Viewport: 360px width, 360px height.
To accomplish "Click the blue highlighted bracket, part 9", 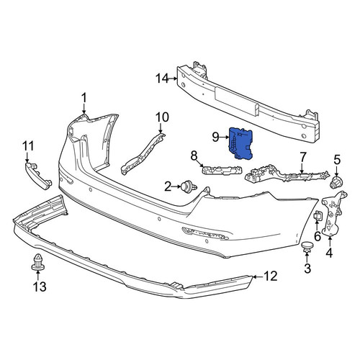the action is click(240, 143).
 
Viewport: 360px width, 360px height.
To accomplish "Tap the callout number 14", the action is click(162, 78).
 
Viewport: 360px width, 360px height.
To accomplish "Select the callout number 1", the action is click(84, 99).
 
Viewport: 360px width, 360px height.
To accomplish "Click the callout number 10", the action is click(162, 117).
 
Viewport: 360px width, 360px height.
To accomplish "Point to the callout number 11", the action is click(28, 146).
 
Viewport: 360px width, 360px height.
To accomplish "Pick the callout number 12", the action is click(271, 276).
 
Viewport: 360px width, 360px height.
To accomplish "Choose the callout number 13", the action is click(40, 287).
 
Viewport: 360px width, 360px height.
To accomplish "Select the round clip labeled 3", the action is click(307, 247).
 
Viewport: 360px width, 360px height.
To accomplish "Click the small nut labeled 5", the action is click(336, 182).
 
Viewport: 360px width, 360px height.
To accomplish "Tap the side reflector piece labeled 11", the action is click(38, 176).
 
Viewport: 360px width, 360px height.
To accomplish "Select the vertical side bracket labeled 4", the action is click(334, 213).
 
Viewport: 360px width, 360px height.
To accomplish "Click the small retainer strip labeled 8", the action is click(221, 170).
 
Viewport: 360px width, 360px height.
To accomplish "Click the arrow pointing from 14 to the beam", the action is click(174, 78).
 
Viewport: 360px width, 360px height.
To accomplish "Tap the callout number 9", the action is click(215, 138).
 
